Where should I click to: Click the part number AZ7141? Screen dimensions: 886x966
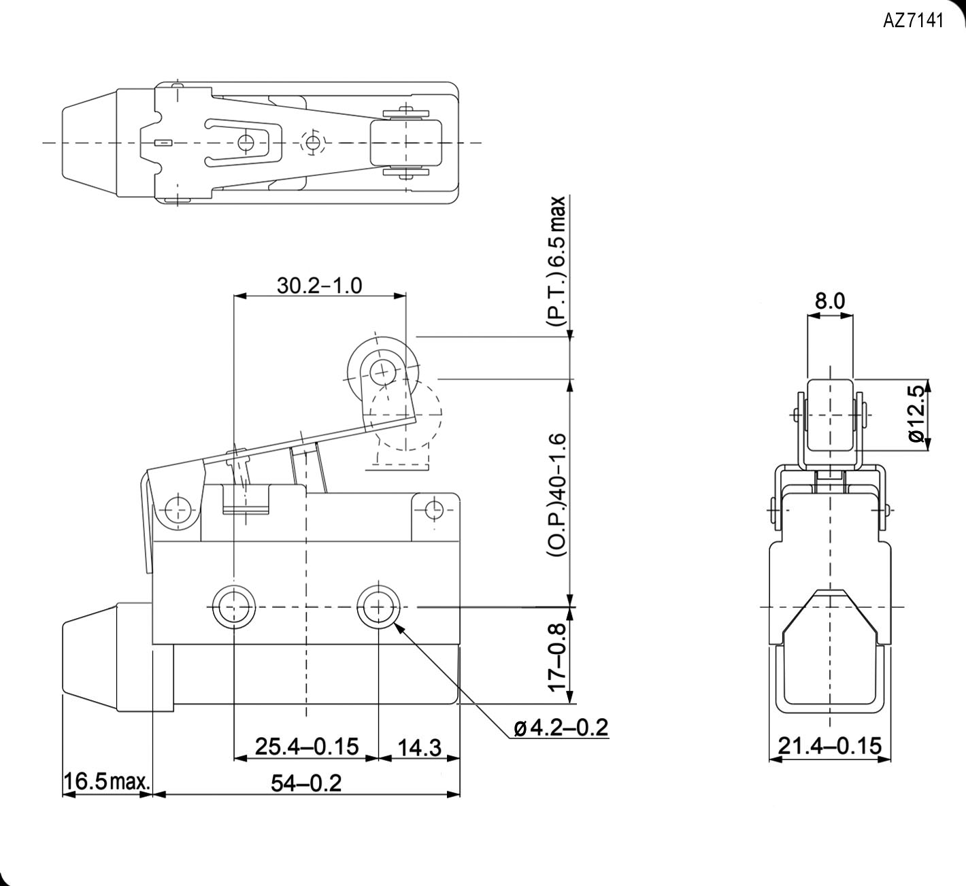913,21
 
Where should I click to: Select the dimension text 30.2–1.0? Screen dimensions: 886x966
319,285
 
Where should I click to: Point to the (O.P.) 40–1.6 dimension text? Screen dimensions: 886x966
557,496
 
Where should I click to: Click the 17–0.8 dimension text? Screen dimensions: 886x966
557,658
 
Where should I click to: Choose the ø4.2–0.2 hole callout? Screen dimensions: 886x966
560,728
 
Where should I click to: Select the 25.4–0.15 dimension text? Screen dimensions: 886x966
306,747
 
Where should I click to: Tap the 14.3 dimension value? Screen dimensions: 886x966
418,748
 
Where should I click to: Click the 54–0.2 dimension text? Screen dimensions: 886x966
306,783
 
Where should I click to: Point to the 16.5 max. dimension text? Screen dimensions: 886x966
106,782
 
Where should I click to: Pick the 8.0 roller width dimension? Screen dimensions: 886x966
829,301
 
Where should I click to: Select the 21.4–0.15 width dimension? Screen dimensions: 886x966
829,747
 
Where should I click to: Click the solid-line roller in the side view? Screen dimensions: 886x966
380,371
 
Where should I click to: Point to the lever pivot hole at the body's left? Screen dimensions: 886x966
178,509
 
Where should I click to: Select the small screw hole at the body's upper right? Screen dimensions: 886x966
434,509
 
